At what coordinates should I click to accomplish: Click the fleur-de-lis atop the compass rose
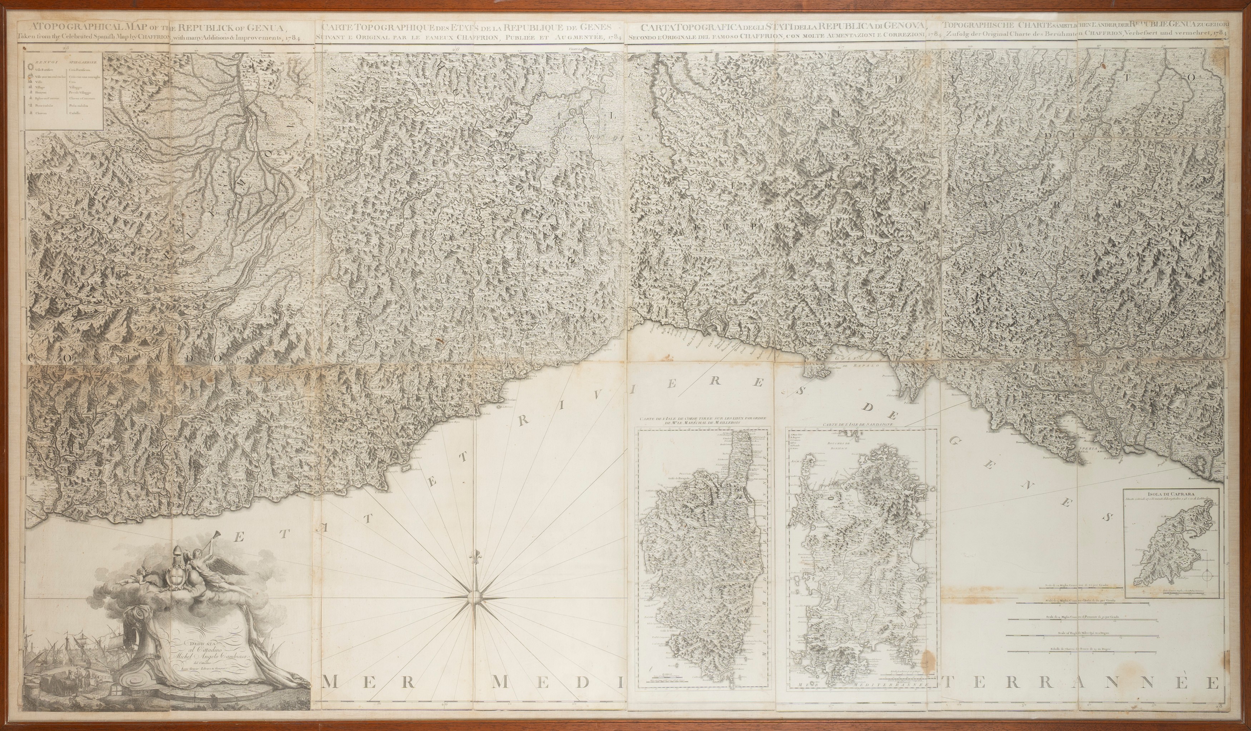click(476, 555)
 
